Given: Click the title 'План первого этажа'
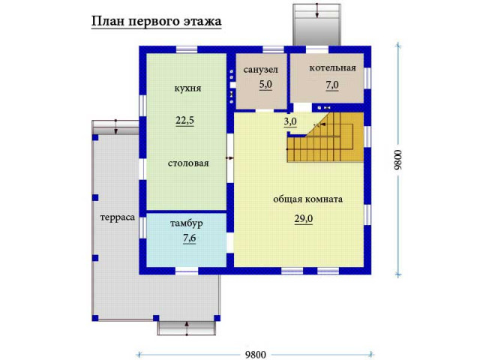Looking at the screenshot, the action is click(156, 22).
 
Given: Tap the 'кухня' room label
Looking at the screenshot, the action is click(187, 88).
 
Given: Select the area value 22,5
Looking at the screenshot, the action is click(185, 121).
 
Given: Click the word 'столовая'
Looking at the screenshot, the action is click(188, 163).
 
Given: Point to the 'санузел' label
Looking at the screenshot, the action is click(261, 70).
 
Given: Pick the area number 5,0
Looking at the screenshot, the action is click(265, 85).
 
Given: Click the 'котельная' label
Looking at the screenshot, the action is click(333, 68).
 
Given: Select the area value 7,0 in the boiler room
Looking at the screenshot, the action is click(332, 85).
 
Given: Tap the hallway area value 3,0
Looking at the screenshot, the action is click(290, 121).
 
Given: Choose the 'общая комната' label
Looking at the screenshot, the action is click(307, 199).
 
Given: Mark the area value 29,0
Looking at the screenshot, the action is click(304, 219).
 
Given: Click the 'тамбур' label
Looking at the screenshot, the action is click(187, 223).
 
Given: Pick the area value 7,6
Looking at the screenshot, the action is click(190, 238).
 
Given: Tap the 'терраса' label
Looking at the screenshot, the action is click(118, 217).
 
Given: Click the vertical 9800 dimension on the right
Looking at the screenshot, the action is click(397, 160).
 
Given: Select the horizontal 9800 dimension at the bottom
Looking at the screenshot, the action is click(256, 355).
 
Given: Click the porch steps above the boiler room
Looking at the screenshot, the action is click(316, 25).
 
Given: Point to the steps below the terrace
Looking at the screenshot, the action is click(187, 328).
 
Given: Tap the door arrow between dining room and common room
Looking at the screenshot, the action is click(229, 158).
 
